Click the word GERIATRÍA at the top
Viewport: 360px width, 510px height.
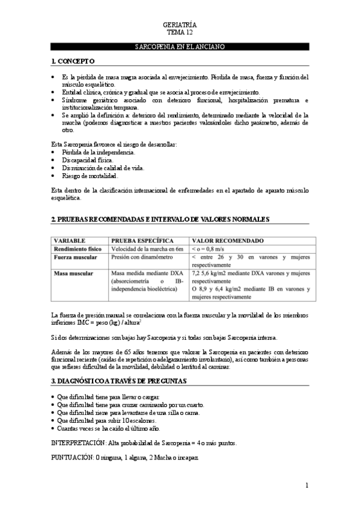click(180, 24)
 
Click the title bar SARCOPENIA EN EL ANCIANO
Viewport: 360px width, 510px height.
click(180, 46)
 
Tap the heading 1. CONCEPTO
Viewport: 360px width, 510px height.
click(73, 61)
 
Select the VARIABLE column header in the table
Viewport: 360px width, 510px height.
click(70, 239)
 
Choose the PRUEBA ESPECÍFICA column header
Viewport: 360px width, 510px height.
click(142, 239)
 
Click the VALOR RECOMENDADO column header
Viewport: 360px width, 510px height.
click(227, 239)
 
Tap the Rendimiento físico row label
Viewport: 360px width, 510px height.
click(78, 248)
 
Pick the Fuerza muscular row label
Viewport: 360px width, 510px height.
click(74, 256)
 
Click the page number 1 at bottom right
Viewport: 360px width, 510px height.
click(307, 485)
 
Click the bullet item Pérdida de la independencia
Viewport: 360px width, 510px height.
click(98, 153)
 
